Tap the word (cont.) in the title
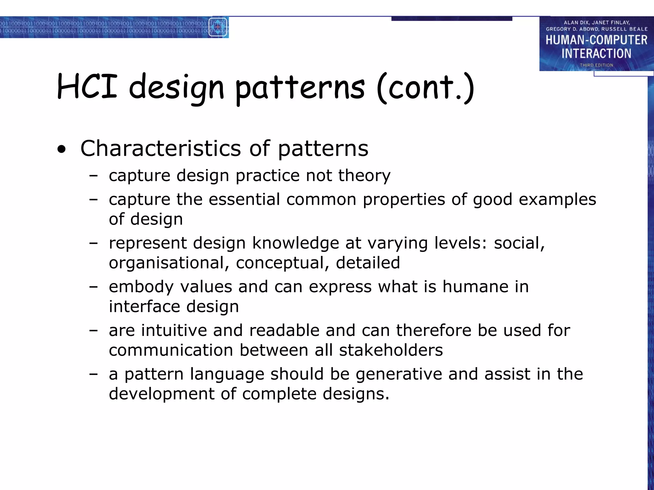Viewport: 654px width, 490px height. point(425,87)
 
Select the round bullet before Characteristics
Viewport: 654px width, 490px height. point(62,149)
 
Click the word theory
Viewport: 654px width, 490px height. point(364,175)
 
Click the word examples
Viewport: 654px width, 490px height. point(557,200)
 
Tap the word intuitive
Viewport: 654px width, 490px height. point(174,330)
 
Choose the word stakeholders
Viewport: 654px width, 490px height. point(391,350)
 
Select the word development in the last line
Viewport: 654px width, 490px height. point(162,394)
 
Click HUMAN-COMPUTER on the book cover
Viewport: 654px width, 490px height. point(596,40)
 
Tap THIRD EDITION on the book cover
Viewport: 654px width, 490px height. point(596,65)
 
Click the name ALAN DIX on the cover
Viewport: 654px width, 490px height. point(575,23)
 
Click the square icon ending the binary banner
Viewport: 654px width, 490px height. point(218,27)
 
